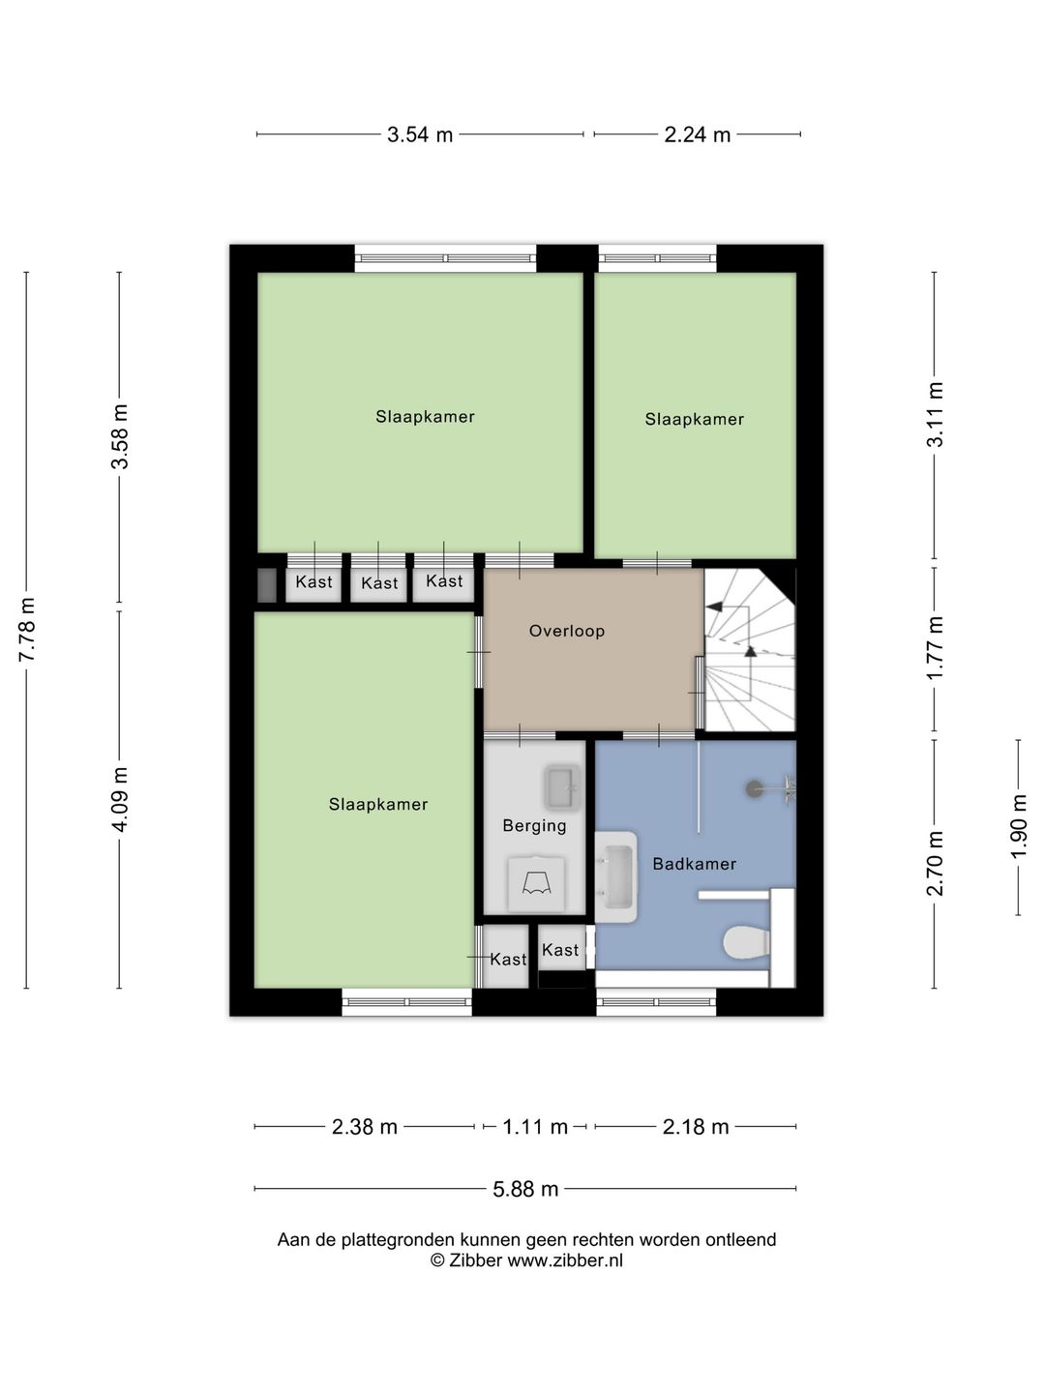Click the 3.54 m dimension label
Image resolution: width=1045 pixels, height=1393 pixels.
pos(420,134)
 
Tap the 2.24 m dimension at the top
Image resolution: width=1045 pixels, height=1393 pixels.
pos(697,134)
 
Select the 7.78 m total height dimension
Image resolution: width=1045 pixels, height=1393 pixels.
pos(27,630)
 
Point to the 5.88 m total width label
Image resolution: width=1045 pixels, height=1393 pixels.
pos(525,1189)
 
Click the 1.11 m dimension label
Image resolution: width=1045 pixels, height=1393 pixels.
pos(535,1126)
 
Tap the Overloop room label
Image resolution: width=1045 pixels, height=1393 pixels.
pos(567,631)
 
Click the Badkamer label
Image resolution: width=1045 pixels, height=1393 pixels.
pos(694,864)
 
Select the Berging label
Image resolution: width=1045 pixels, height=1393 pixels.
pos(534,826)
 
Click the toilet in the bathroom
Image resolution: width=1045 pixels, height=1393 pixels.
pos(746,943)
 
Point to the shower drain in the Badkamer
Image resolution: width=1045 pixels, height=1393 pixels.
pos(754,788)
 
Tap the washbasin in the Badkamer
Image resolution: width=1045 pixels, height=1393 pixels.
pos(616,876)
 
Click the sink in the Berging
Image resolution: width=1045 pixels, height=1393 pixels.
pos(562,788)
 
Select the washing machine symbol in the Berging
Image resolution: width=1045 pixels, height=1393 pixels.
pos(536,883)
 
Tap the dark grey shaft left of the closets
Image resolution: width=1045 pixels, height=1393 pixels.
pos(267,585)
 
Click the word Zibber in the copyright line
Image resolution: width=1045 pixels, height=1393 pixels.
pos(476,1260)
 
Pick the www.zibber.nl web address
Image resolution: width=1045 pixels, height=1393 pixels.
pos(565,1260)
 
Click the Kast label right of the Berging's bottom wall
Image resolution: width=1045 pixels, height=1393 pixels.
pos(560,950)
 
